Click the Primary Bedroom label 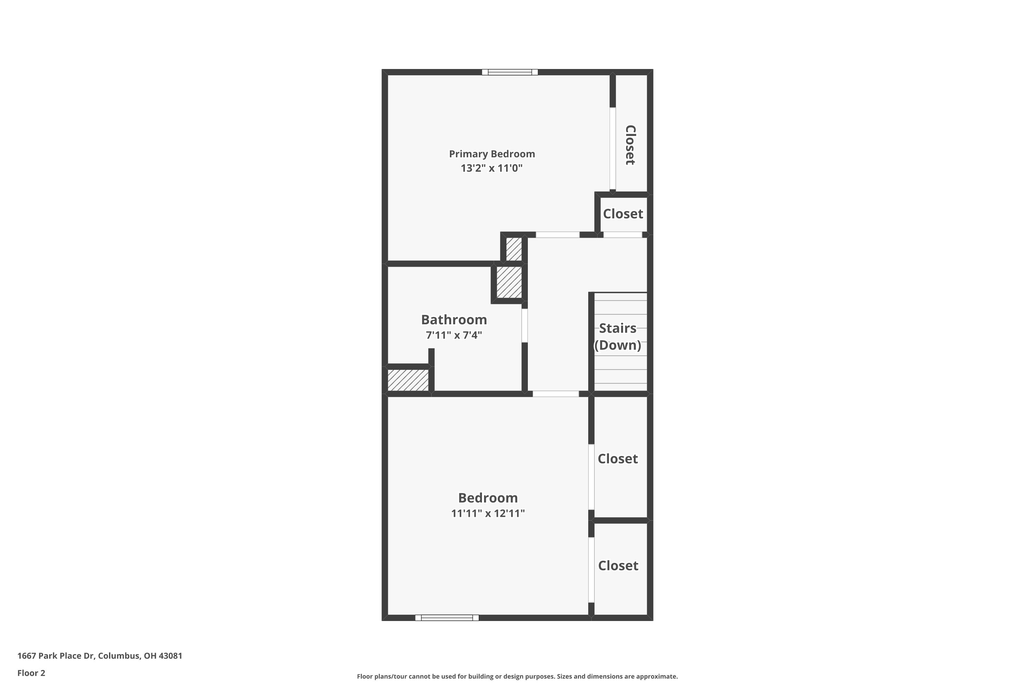(x=492, y=154)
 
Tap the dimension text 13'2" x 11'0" (x=492, y=168)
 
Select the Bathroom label (x=454, y=319)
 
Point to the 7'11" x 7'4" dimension (x=454, y=335)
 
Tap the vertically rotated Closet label (x=630, y=145)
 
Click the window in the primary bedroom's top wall (x=510, y=72)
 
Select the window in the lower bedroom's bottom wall (x=447, y=618)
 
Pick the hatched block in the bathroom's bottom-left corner (x=408, y=380)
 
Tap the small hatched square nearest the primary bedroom (x=514, y=249)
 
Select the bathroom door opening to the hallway (x=524, y=326)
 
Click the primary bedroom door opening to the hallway (x=557, y=235)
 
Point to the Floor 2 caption (x=31, y=673)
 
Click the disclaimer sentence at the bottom (x=517, y=676)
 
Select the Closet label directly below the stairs (x=618, y=459)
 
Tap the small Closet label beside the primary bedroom (x=623, y=214)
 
